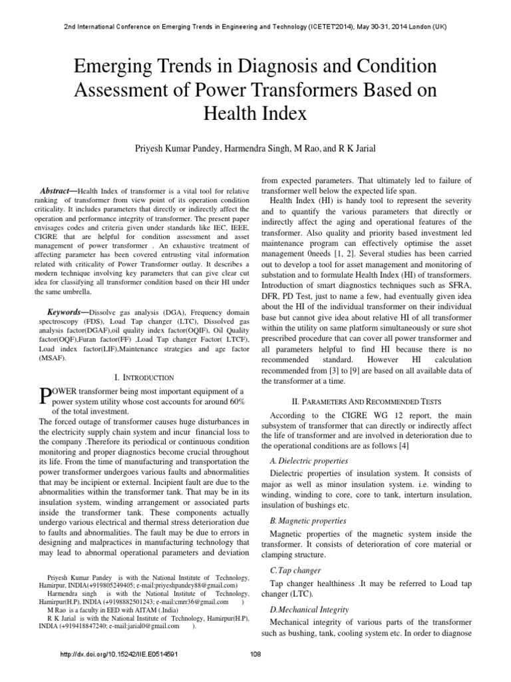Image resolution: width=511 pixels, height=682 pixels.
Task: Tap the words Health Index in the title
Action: click(x=255, y=113)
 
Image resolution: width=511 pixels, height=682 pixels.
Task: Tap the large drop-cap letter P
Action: click(x=45, y=396)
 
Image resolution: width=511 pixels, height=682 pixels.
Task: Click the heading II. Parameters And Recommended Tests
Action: click(x=367, y=402)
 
